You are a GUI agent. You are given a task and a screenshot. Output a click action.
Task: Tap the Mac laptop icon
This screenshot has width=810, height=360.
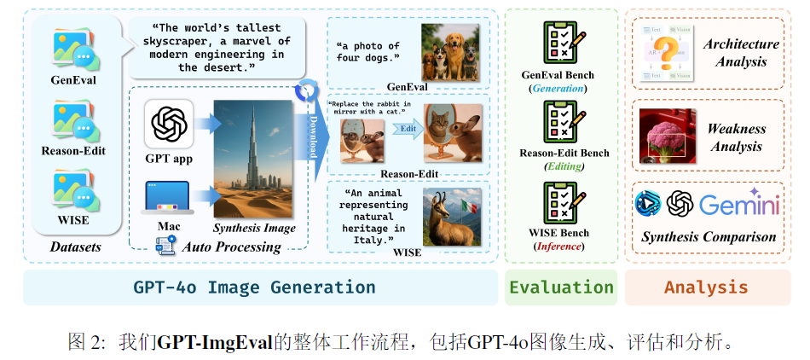click(x=168, y=197)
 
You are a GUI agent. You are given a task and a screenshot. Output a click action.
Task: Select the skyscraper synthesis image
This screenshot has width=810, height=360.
click(x=254, y=159)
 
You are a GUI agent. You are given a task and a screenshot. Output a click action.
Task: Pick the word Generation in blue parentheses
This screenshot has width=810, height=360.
click(x=558, y=88)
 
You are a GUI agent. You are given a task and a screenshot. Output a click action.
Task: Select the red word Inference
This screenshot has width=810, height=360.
click(x=558, y=247)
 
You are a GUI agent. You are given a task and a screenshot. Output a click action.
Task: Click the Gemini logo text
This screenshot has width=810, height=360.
click(x=739, y=205)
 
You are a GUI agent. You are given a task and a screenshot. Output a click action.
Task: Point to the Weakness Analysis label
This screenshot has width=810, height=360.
click(x=735, y=137)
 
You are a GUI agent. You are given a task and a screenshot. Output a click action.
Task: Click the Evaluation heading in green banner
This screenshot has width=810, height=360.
click(x=561, y=287)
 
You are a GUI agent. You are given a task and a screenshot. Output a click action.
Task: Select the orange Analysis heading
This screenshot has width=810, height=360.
click(x=706, y=287)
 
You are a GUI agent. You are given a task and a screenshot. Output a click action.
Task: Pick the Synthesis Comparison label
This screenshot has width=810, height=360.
click(x=709, y=237)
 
